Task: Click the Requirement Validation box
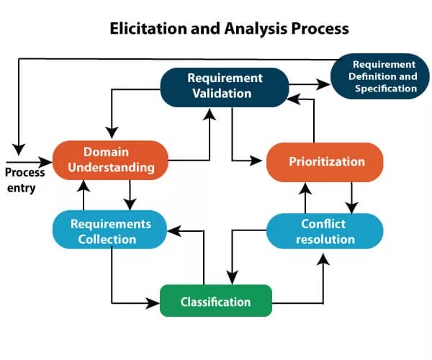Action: (x=225, y=86)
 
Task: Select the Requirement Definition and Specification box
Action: (x=379, y=76)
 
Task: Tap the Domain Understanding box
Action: (x=111, y=160)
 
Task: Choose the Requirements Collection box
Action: (x=110, y=230)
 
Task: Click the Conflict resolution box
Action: (x=325, y=231)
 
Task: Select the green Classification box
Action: (x=216, y=301)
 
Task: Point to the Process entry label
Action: (x=25, y=180)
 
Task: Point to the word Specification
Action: (x=386, y=89)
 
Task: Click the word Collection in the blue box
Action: (x=109, y=239)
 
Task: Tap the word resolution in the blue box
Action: (x=325, y=239)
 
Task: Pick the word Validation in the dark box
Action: (x=225, y=94)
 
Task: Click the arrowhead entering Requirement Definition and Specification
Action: (x=326, y=84)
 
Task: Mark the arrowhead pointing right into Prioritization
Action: (x=261, y=160)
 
